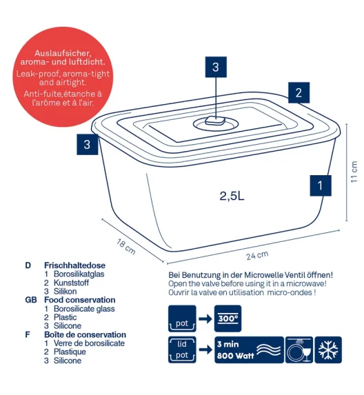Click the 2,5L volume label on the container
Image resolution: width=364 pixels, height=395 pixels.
(x=232, y=196)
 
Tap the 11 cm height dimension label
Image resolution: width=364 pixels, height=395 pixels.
(x=354, y=172)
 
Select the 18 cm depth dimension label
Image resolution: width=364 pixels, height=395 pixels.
(x=126, y=247)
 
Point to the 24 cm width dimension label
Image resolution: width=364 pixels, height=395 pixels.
(x=257, y=256)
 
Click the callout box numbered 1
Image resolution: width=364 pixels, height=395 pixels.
(x=321, y=185)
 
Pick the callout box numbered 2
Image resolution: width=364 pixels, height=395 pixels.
(x=299, y=92)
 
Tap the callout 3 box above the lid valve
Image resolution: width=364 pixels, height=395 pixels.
(x=216, y=67)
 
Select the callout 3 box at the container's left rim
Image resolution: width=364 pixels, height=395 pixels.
(x=87, y=145)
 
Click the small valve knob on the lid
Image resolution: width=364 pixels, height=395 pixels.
(x=215, y=121)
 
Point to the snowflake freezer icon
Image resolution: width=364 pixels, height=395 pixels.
(x=328, y=350)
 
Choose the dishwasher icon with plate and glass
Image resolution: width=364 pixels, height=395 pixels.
(x=299, y=350)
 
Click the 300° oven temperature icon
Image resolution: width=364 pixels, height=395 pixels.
(x=228, y=318)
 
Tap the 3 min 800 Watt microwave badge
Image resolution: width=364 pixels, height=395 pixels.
(x=249, y=350)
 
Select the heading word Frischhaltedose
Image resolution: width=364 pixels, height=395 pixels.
(x=75, y=265)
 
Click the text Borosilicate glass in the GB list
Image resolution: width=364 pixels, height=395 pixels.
(x=84, y=309)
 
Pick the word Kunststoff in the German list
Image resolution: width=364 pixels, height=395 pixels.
(x=71, y=283)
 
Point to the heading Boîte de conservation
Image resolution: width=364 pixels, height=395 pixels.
(x=85, y=334)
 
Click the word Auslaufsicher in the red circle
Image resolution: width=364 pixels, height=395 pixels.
(x=63, y=53)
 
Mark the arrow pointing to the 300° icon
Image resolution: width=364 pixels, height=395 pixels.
(x=205, y=319)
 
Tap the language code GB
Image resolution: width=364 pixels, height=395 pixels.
(x=31, y=300)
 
